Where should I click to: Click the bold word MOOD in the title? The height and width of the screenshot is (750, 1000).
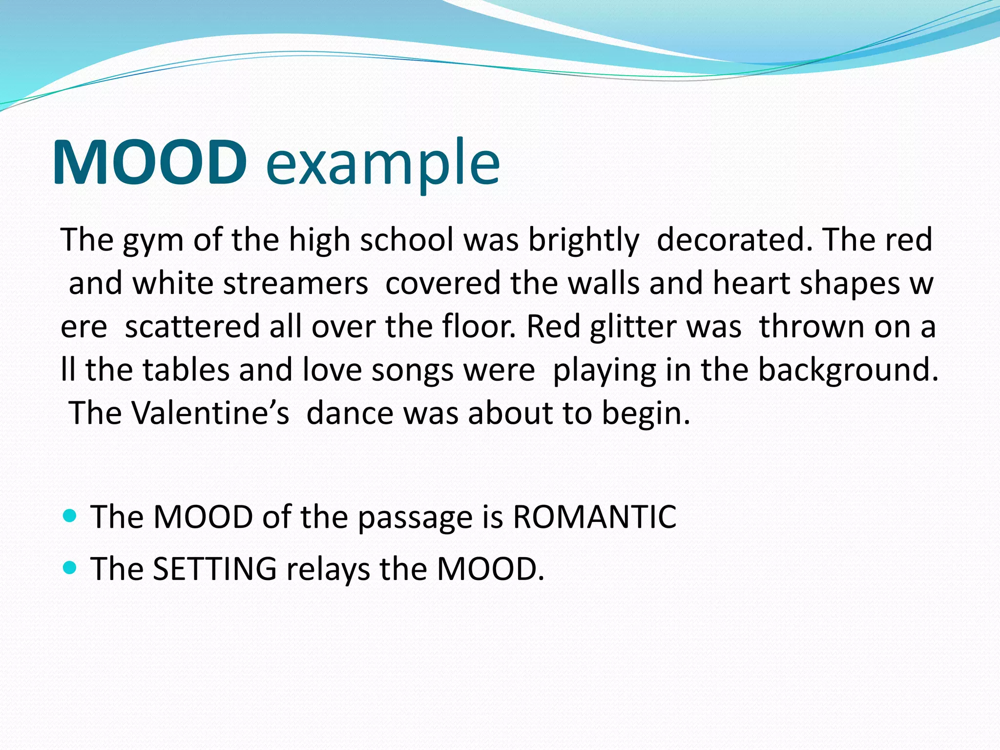click(x=149, y=162)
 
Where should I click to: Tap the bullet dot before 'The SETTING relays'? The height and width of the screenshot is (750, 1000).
click(x=70, y=567)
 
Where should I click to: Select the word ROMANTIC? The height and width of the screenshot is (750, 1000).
click(x=594, y=517)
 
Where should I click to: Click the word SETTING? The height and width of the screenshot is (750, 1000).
click(x=215, y=569)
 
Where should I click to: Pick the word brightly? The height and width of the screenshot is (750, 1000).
click(x=583, y=241)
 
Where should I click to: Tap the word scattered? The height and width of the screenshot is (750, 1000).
click(x=192, y=327)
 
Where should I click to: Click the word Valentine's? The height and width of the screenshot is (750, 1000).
click(x=211, y=413)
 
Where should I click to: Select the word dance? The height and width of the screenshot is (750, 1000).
click(x=350, y=413)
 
